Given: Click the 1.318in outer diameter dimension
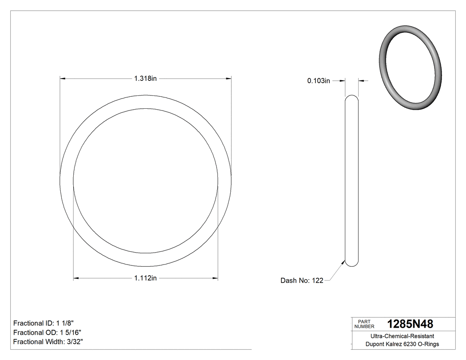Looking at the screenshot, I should (x=146, y=79).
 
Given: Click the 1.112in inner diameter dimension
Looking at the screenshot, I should (x=146, y=278).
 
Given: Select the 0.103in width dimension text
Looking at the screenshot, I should (x=319, y=81).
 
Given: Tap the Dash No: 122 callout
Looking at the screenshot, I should (x=302, y=281).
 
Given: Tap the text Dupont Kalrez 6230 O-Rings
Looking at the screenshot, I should (x=403, y=344).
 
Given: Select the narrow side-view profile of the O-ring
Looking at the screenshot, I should (x=352, y=180).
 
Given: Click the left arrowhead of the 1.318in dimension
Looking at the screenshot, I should (x=63, y=79).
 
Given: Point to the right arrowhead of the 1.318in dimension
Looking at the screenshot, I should (x=229, y=79).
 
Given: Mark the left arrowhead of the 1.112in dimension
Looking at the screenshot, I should (x=76, y=278).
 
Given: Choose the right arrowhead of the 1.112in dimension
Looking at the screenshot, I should (x=215, y=278).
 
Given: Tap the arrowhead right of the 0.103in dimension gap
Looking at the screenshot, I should (x=361, y=81).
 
